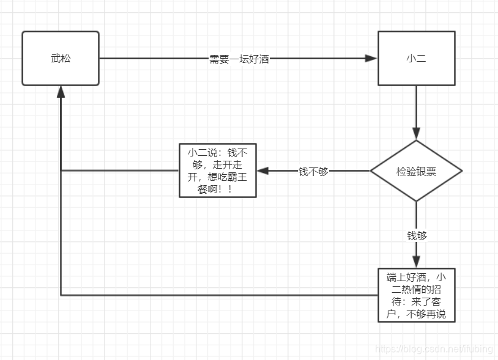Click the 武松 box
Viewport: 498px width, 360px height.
[61, 59]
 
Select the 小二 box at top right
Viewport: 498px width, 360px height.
[416, 59]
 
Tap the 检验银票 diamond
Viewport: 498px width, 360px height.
[416, 171]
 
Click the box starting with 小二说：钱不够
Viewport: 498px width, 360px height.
[217, 171]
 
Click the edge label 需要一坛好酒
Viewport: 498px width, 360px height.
[239, 59]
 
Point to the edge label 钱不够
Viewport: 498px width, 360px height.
[313, 171]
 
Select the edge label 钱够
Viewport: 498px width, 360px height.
[417, 235]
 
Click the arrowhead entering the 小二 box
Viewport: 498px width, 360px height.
[371, 59]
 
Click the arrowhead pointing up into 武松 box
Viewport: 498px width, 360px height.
[61, 92]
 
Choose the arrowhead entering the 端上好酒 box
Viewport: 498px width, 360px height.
[416, 262]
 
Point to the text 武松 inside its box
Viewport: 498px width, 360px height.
[61, 59]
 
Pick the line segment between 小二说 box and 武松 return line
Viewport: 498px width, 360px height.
[119, 171]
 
